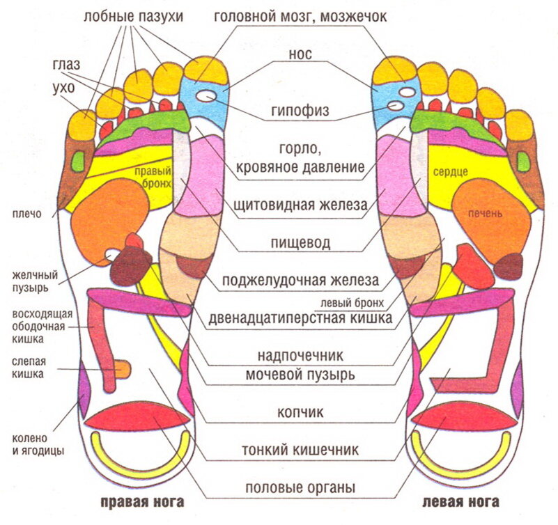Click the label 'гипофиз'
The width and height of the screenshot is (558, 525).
(x=300, y=111)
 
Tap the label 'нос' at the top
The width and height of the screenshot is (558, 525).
(x=300, y=54)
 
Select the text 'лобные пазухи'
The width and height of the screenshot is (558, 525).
(x=134, y=17)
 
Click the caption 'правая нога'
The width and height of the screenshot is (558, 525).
(x=142, y=502)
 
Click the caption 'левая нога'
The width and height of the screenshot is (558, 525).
(x=461, y=502)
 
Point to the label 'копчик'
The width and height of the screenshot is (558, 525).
(x=300, y=412)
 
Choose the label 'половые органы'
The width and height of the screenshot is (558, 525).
(x=300, y=487)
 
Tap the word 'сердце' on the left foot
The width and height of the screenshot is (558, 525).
(x=450, y=173)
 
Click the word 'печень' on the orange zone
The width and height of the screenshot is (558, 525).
(x=485, y=214)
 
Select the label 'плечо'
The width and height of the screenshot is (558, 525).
(x=27, y=214)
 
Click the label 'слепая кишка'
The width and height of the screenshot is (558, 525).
(x=29, y=368)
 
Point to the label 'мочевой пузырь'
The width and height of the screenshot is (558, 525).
(x=300, y=375)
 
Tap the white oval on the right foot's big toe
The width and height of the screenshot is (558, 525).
(x=206, y=96)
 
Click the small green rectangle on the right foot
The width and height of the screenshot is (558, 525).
(x=78, y=161)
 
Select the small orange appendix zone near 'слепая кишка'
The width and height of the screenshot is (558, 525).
(x=123, y=369)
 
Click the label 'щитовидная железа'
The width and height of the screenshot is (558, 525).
(x=300, y=205)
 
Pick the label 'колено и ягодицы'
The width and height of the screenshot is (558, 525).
(x=38, y=444)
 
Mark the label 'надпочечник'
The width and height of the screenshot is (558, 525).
(x=300, y=356)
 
